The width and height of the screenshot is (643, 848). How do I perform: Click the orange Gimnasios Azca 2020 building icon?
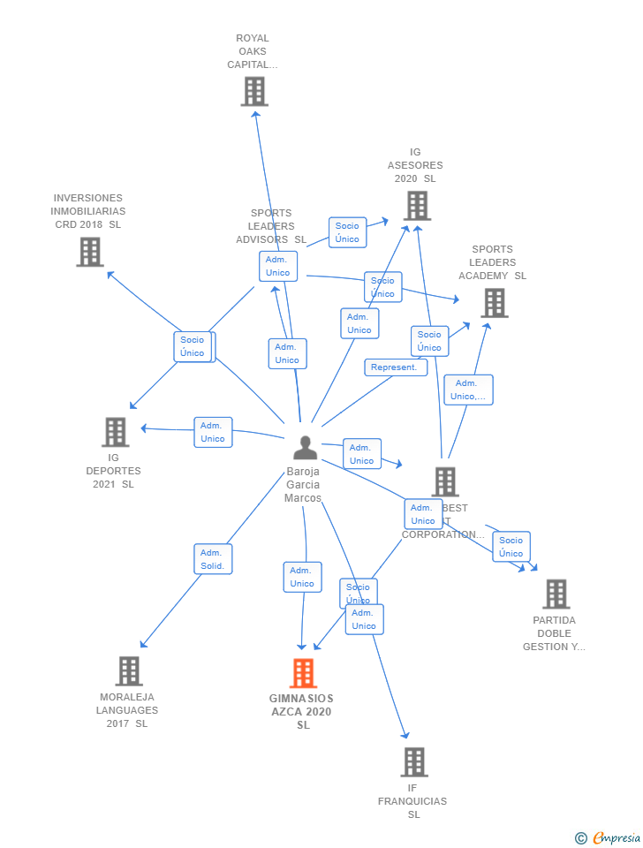303,673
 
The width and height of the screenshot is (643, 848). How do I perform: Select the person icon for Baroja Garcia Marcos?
305,448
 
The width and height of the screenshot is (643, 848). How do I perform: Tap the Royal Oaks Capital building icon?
253,91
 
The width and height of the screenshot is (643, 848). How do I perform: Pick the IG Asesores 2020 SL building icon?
417,205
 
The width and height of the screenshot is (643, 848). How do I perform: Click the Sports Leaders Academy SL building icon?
494,303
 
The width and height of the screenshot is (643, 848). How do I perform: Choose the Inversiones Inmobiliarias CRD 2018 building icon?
89,252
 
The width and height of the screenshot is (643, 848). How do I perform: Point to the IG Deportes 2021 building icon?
115,432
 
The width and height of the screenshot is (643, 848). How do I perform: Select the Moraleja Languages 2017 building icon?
128,671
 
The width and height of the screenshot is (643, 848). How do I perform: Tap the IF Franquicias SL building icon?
413,761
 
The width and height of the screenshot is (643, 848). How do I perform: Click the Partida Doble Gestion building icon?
555,594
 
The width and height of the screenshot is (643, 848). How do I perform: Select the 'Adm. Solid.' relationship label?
213,559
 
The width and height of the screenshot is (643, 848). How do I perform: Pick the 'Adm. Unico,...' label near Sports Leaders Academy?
468,390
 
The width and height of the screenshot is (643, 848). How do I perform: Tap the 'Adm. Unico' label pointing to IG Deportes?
213,432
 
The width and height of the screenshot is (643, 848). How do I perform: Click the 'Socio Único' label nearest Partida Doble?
511,547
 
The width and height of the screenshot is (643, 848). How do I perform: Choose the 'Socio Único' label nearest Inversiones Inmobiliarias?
193,346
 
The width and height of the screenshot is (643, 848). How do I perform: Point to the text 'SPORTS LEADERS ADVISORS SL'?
271,226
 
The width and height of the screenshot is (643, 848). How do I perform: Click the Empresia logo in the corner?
609,837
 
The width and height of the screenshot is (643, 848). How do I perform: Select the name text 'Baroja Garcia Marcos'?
303,485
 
